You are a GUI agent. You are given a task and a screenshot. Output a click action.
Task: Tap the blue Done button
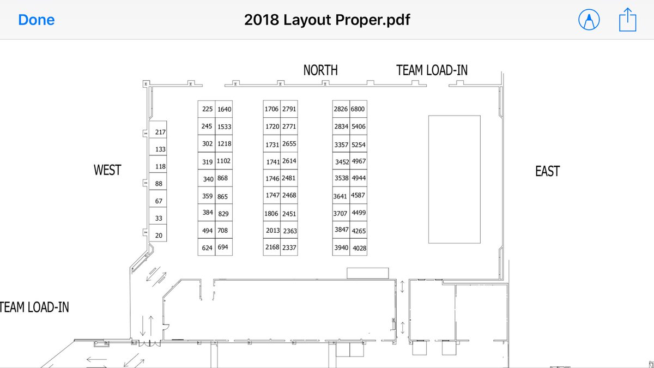[36, 20]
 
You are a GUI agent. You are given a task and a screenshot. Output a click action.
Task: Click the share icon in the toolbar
[628, 20]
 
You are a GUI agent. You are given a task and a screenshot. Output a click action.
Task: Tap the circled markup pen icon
[589, 20]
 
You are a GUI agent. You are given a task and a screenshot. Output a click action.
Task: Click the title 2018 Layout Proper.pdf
[327, 20]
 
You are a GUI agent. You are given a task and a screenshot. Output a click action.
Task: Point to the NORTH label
[320, 70]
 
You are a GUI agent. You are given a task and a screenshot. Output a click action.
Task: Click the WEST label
[107, 170]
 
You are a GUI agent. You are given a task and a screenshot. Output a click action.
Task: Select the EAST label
[547, 171]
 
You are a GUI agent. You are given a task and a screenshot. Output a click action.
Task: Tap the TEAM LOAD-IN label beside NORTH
[432, 70]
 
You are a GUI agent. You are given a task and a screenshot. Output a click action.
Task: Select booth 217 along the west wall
[158, 130]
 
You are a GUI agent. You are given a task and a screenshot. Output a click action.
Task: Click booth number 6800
[358, 109]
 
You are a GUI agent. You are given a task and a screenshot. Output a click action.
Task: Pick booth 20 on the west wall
[158, 233]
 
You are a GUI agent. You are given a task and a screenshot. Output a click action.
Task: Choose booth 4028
[358, 247]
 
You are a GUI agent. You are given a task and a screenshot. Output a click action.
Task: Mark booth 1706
[272, 109]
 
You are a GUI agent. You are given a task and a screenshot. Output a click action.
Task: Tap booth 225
[207, 109]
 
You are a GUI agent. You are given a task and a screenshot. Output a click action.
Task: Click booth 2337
[289, 247]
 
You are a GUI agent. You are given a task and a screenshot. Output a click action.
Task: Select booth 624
[207, 247]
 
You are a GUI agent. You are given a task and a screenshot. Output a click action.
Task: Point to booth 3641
[341, 195]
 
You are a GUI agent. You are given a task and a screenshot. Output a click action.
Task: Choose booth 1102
[224, 161]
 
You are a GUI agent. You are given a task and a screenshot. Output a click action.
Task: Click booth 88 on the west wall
[158, 182]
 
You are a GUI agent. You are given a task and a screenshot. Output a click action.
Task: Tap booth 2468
[289, 195]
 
